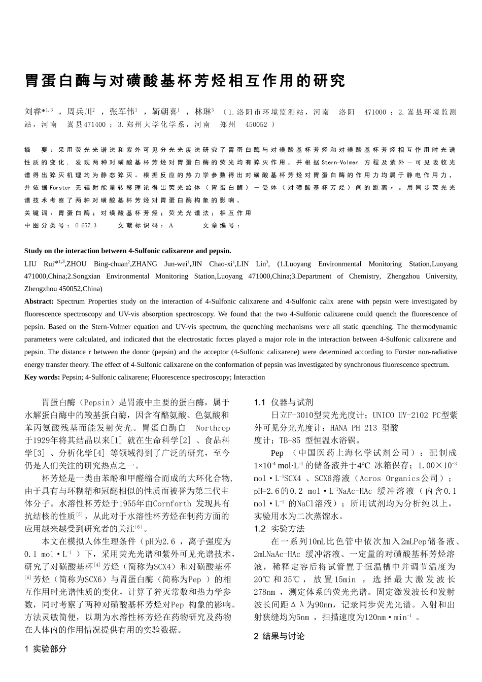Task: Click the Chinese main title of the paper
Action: point(185,81)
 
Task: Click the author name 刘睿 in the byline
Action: point(33,112)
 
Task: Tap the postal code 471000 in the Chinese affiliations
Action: point(375,112)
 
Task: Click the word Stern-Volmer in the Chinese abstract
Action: point(339,162)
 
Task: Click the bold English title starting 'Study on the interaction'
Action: point(127,251)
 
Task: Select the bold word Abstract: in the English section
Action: point(39,301)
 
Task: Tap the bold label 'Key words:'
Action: point(42,377)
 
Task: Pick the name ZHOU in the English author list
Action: point(77,264)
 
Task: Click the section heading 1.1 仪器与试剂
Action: point(284,402)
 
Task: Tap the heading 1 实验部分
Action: point(46,649)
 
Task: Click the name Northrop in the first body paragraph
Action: point(213,428)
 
